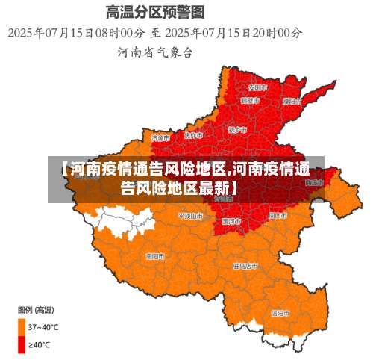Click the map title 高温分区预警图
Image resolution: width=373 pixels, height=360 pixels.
154,12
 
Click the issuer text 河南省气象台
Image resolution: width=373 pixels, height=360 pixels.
155,52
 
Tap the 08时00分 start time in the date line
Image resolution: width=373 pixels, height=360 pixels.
116,32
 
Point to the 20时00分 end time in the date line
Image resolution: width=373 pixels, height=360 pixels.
275,32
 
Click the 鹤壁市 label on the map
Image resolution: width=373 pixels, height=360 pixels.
250,99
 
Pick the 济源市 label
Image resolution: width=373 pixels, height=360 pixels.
160,137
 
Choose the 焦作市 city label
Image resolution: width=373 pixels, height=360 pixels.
193,135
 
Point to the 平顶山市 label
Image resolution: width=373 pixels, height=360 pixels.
189,215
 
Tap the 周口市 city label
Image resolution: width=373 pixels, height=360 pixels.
278,214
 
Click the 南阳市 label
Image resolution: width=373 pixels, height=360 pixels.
155,255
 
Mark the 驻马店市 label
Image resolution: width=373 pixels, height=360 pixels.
245,265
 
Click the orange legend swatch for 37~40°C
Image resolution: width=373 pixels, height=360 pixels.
22,326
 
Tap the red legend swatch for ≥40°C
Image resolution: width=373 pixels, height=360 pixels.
22,344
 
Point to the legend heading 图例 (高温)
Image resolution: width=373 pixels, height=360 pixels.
34,309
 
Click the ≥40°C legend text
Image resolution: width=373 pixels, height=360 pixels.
40,344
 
